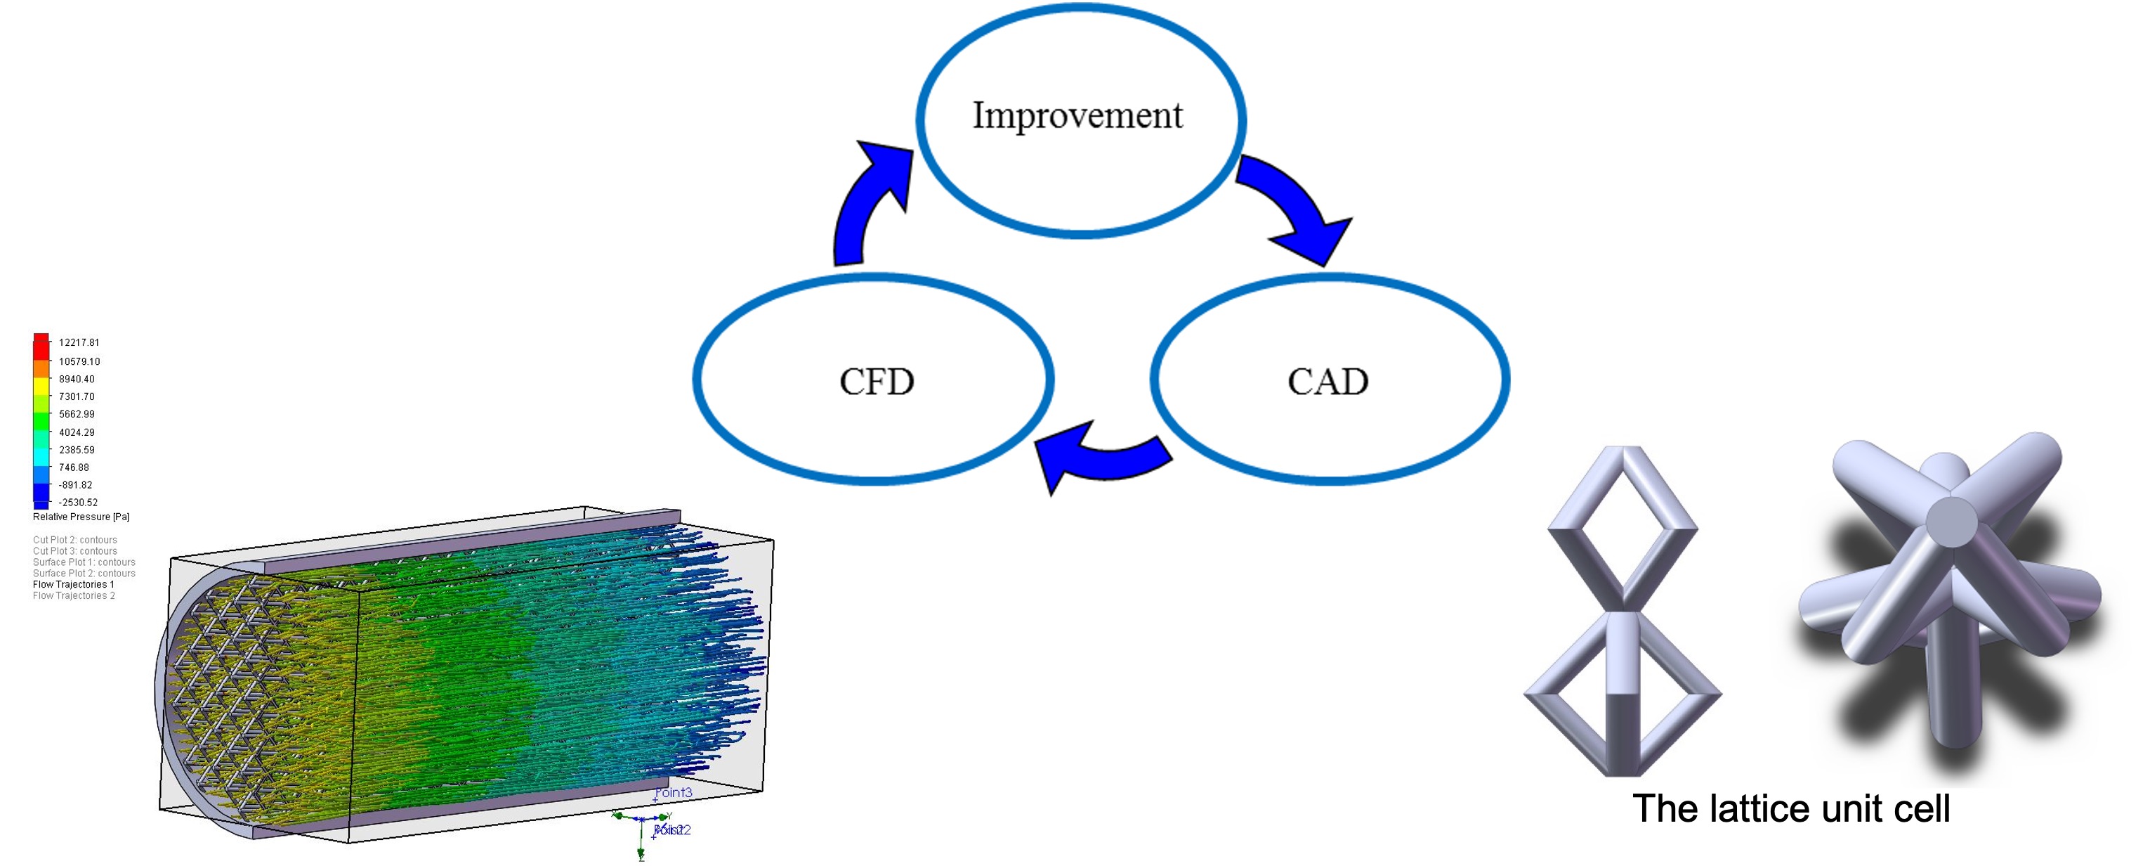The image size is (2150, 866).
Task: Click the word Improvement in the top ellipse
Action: (1077, 115)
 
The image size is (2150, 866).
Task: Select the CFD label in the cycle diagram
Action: (877, 382)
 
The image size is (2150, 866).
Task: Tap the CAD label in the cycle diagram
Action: (1327, 382)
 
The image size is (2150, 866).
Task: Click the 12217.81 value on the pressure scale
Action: (79, 342)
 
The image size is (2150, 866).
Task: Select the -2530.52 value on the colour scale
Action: (78, 502)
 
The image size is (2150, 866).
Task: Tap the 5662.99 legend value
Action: (76, 414)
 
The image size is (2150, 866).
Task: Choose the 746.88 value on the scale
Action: (74, 467)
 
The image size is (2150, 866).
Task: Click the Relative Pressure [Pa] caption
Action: (81, 517)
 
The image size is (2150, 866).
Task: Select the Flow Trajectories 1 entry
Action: (74, 585)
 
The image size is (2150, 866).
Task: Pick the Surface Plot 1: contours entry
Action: (84, 562)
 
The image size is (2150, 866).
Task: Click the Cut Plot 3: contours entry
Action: (74, 551)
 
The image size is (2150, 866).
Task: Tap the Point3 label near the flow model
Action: (674, 792)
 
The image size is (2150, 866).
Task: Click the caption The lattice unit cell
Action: (1791, 808)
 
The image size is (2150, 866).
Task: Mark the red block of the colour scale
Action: (41, 345)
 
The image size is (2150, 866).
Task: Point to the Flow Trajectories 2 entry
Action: (74, 595)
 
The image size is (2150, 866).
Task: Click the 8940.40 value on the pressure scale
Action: (76, 379)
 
